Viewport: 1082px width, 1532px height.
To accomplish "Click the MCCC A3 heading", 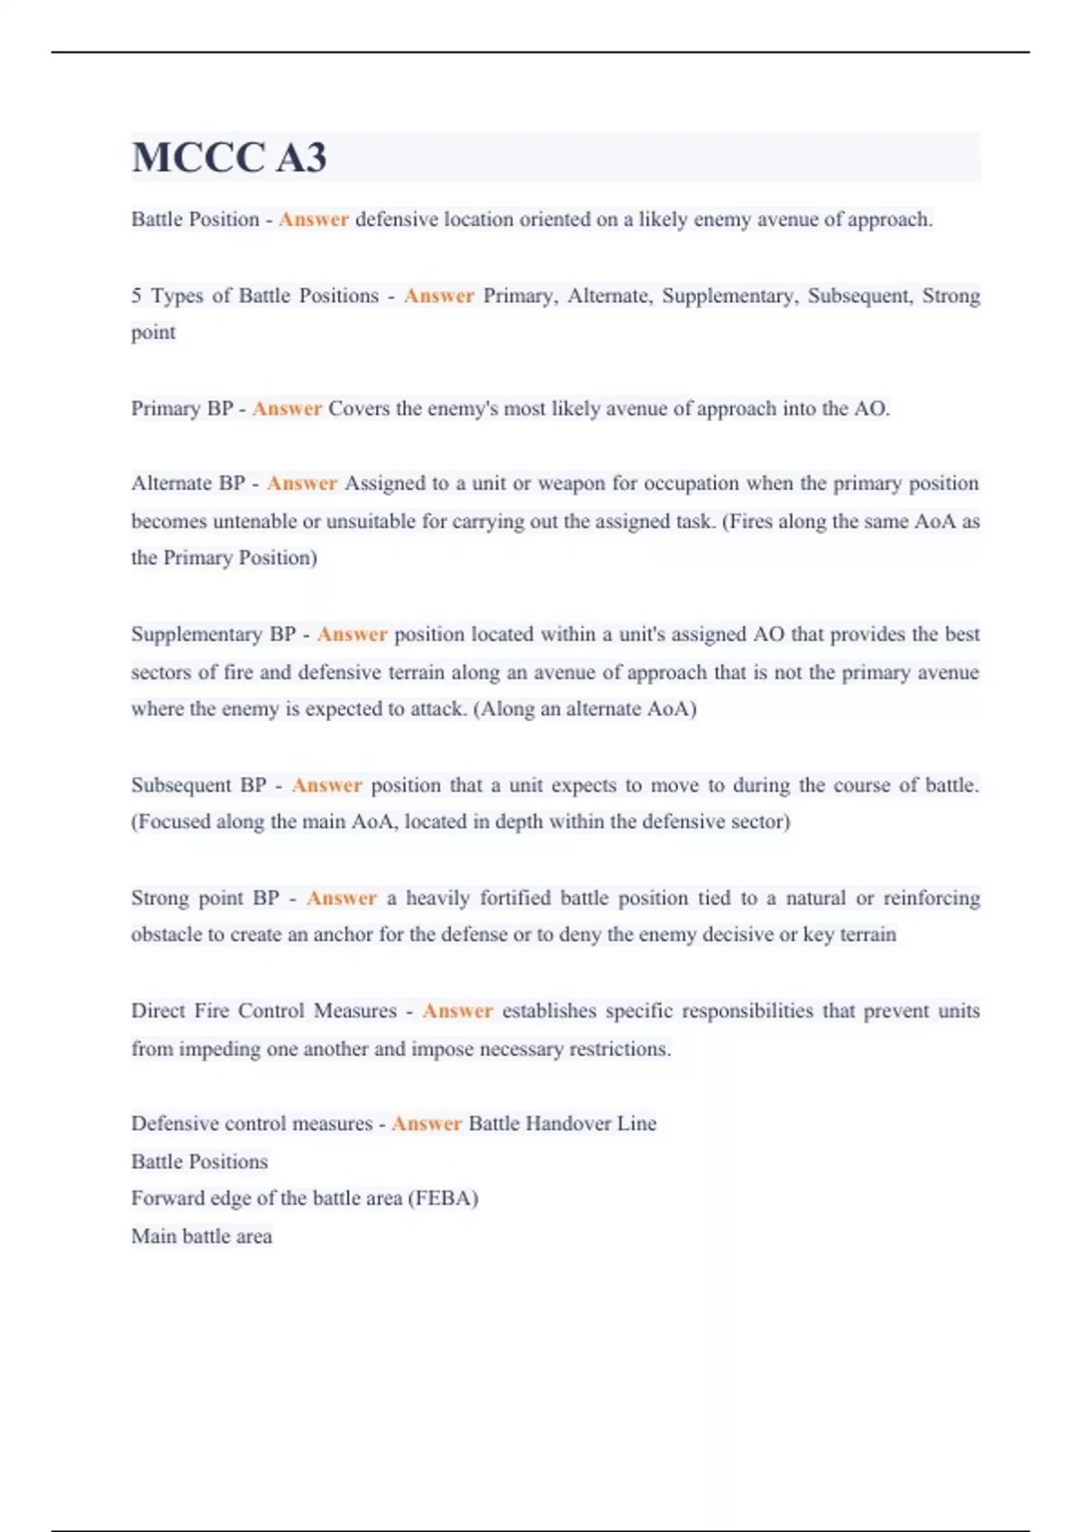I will point(229,158).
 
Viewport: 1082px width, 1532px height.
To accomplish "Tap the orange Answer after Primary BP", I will point(287,409).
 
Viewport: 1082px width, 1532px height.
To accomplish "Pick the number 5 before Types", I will point(136,296).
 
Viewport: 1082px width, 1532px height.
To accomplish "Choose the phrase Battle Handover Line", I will point(563,1124).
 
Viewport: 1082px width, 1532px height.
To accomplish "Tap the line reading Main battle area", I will point(201,1236).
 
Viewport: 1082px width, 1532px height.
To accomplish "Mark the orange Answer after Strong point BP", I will point(342,898).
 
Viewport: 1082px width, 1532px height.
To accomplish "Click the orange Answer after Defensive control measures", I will point(426,1124).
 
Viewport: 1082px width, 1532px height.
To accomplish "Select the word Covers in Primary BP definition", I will point(359,409).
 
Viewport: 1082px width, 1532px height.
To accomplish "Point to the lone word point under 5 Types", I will point(153,333).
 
